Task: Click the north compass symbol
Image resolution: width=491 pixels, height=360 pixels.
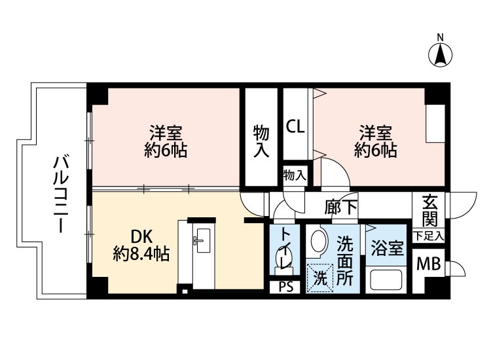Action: (x=441, y=54)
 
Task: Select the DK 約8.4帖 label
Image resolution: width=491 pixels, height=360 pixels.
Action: (x=141, y=245)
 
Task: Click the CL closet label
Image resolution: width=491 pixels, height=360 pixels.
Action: (x=296, y=126)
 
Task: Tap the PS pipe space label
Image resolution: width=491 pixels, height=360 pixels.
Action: (x=285, y=287)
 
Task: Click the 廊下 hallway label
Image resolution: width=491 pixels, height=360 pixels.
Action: (x=340, y=207)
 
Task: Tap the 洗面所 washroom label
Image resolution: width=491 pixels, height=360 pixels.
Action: (x=345, y=260)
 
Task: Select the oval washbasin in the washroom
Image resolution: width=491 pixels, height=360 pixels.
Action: (x=318, y=241)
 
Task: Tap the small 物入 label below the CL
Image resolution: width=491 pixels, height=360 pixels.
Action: (x=295, y=175)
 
